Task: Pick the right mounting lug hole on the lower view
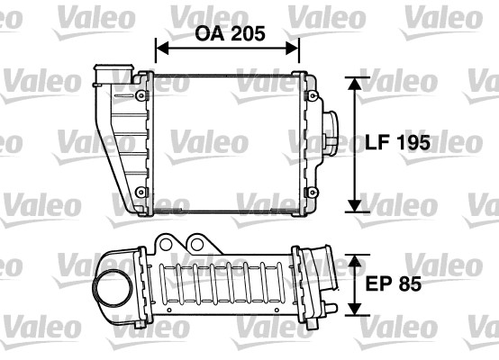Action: (196, 242)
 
